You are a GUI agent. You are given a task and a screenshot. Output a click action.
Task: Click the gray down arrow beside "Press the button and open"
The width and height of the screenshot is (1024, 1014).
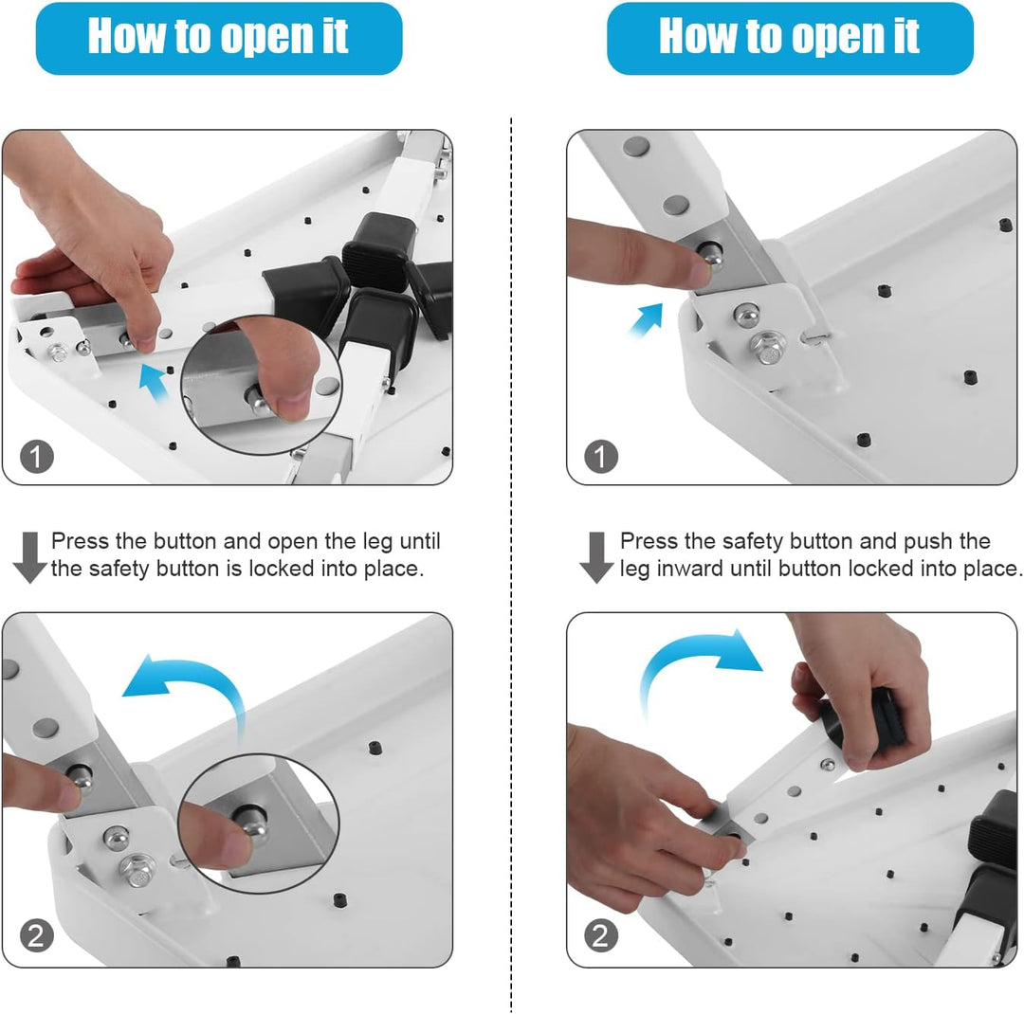(x=29, y=557)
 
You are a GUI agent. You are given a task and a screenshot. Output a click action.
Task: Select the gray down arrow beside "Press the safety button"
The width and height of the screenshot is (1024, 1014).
(x=595, y=557)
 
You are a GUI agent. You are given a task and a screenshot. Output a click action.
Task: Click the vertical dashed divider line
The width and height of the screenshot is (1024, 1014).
(x=511, y=565)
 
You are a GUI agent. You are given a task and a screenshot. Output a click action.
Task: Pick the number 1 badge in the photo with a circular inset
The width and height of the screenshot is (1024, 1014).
(x=37, y=457)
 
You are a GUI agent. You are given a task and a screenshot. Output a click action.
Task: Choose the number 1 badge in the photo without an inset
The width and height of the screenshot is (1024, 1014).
(x=601, y=457)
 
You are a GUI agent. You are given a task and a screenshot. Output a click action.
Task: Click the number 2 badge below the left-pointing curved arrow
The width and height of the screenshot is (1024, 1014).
(x=37, y=935)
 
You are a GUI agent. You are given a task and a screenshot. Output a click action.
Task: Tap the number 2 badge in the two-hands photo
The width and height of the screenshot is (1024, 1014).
(x=601, y=935)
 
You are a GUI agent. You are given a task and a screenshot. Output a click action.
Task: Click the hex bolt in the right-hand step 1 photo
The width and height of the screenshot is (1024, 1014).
(x=769, y=348)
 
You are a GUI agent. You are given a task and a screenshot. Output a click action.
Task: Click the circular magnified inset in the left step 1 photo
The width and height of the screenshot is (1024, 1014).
(x=262, y=386)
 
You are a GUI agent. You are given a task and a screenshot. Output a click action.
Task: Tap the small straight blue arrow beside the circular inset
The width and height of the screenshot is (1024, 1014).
(x=155, y=382)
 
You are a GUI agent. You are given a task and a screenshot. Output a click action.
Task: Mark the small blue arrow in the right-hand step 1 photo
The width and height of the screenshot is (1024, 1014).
(x=646, y=319)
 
